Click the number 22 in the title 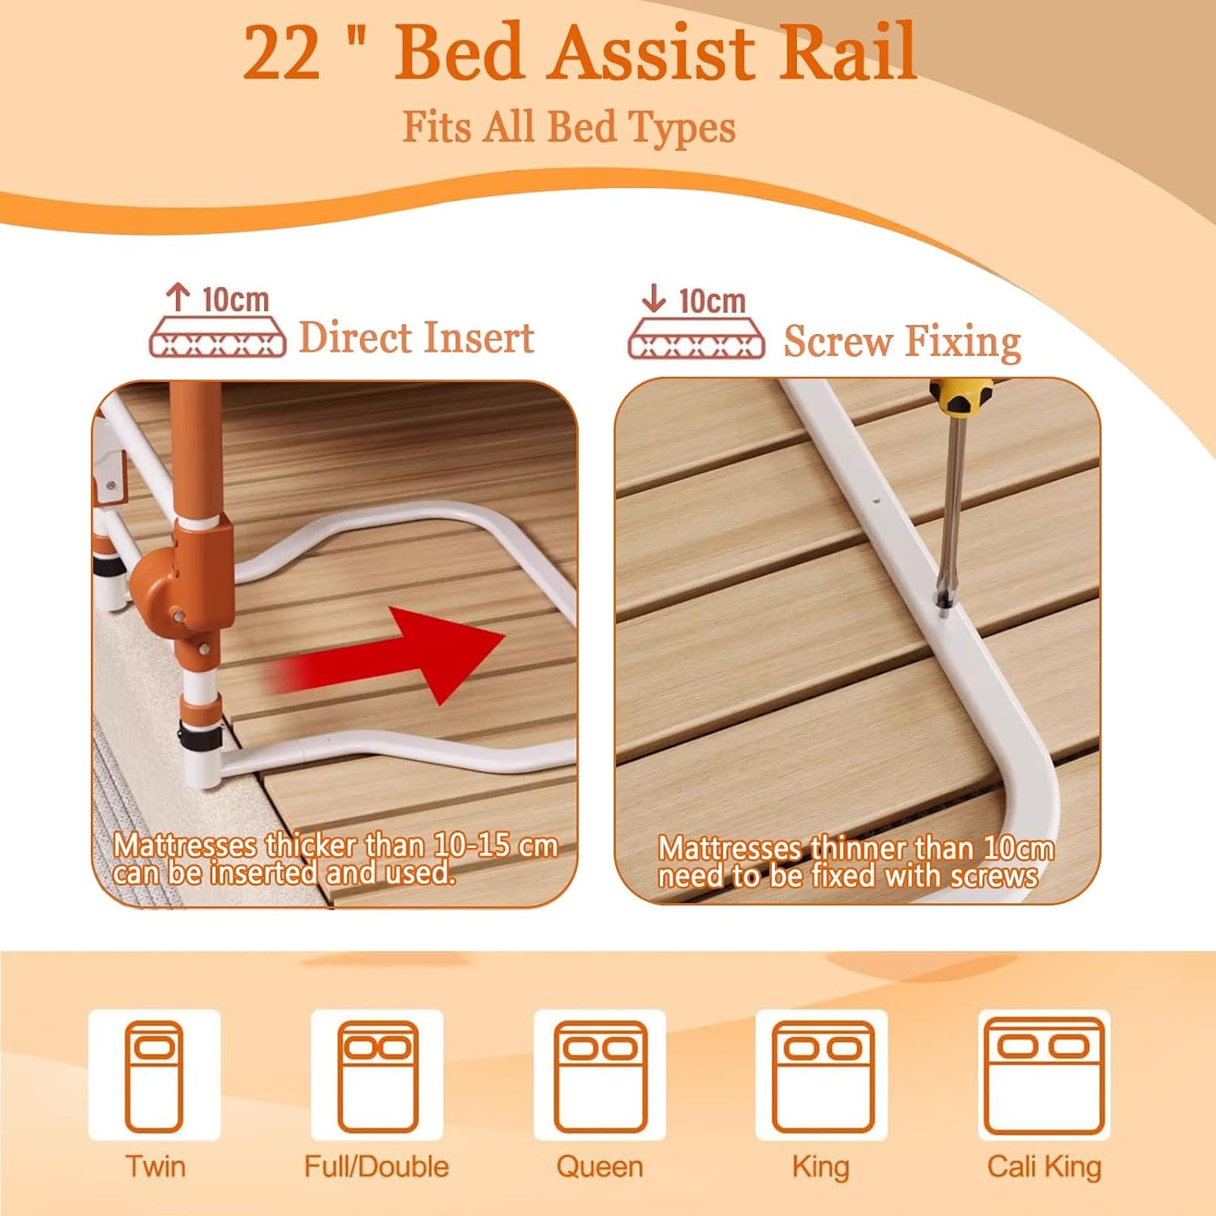282,53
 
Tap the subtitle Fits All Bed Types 569,127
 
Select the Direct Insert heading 417,338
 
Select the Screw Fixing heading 902,342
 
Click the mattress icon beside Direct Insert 217,337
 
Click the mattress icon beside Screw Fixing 696,338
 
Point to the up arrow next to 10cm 178,297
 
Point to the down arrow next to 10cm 654,298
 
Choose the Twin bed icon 154,1075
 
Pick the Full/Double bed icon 377,1075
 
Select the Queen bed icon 599,1075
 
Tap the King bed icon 822,1075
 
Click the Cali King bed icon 1044,1075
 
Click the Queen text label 599,1167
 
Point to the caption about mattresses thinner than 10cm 855,862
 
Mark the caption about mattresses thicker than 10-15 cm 335,858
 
